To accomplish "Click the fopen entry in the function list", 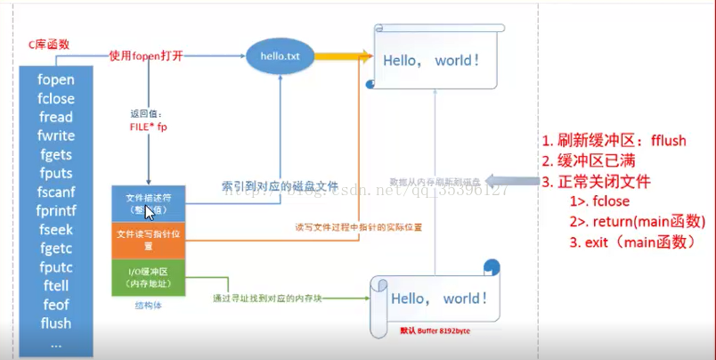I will (x=55, y=79).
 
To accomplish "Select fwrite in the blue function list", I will (x=55, y=135).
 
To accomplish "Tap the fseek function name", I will (x=55, y=229).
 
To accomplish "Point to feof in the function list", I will (x=55, y=304).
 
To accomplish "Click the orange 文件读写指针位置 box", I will (x=148, y=239).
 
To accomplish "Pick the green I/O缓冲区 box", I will (x=148, y=277).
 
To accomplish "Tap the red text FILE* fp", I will (x=148, y=127).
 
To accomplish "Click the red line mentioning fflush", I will (x=614, y=141).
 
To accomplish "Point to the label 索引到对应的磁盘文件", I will (x=280, y=187).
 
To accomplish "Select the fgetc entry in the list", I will (x=55, y=248).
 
